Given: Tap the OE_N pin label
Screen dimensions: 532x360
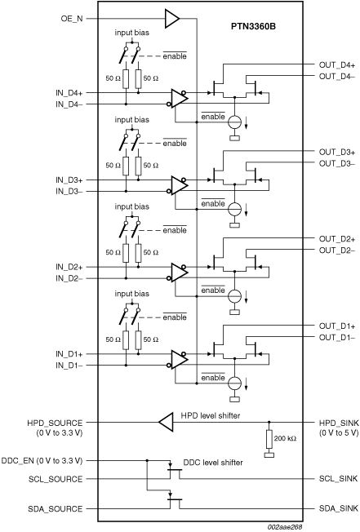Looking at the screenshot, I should pos(72,18).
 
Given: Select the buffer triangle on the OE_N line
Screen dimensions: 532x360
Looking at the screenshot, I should pos(172,17).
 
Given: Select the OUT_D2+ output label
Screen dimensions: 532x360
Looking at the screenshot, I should pos(333,238).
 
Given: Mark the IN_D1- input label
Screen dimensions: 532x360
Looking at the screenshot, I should pos(68,365).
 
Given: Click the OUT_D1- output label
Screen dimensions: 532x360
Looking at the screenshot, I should pos(333,337).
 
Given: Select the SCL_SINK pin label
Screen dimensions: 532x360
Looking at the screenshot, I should pos(336,480).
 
